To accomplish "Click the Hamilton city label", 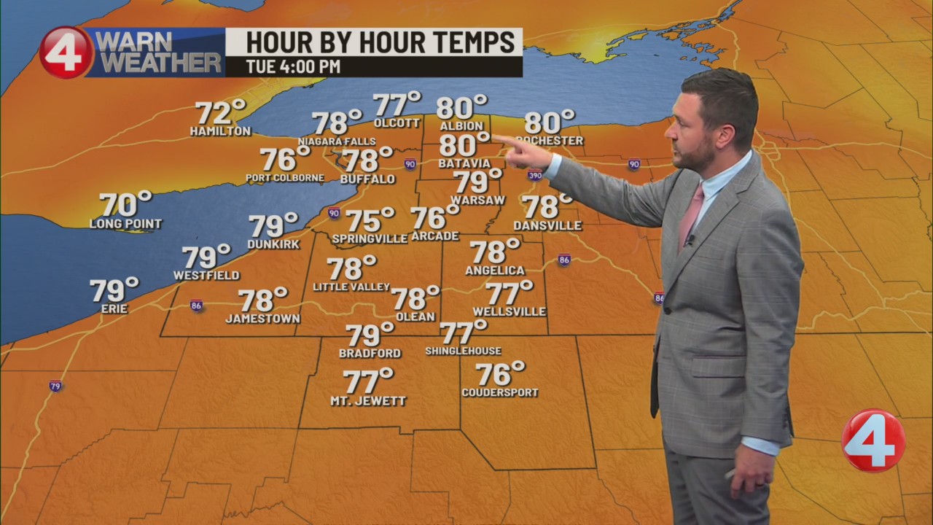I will click(220, 132).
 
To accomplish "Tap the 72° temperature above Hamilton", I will click(219, 112).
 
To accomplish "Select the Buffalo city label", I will click(367, 179).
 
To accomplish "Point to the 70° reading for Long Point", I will click(125, 205).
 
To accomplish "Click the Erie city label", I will click(114, 309).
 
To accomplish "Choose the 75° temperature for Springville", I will click(369, 219).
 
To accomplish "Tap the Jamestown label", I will click(262, 319).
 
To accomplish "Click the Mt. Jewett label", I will click(368, 401).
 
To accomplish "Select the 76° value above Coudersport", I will click(499, 374).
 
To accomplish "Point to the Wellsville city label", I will click(509, 312).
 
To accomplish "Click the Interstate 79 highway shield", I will click(55, 386).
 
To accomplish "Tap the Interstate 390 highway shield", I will click(535, 175).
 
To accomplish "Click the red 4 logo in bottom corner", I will click(873, 440).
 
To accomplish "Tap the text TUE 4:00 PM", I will click(293, 67).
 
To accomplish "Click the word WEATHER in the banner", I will click(160, 63).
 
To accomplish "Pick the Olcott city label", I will click(397, 123).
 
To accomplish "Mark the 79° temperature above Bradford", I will click(369, 335).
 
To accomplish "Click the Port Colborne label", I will click(285, 178).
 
